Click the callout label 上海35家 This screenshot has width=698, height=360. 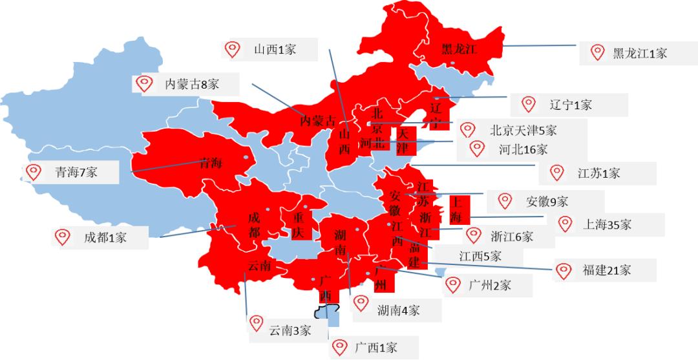[607, 225]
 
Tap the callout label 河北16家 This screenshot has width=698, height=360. [523, 150]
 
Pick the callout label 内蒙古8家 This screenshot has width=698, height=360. [193, 84]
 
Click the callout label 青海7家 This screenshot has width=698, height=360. [76, 173]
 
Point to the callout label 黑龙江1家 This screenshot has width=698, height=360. [639, 53]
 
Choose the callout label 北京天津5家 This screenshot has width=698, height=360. [523, 130]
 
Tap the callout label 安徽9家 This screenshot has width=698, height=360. [547, 202]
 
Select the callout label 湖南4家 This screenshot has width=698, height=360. [399, 310]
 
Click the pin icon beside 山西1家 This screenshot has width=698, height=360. [232, 48]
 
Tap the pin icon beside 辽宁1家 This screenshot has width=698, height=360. [529, 103]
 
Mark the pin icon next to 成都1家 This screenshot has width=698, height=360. [63, 237]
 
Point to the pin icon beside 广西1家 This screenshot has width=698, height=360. [339, 347]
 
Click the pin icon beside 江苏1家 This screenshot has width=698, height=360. [556, 172]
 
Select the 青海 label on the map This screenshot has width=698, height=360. [211, 164]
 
